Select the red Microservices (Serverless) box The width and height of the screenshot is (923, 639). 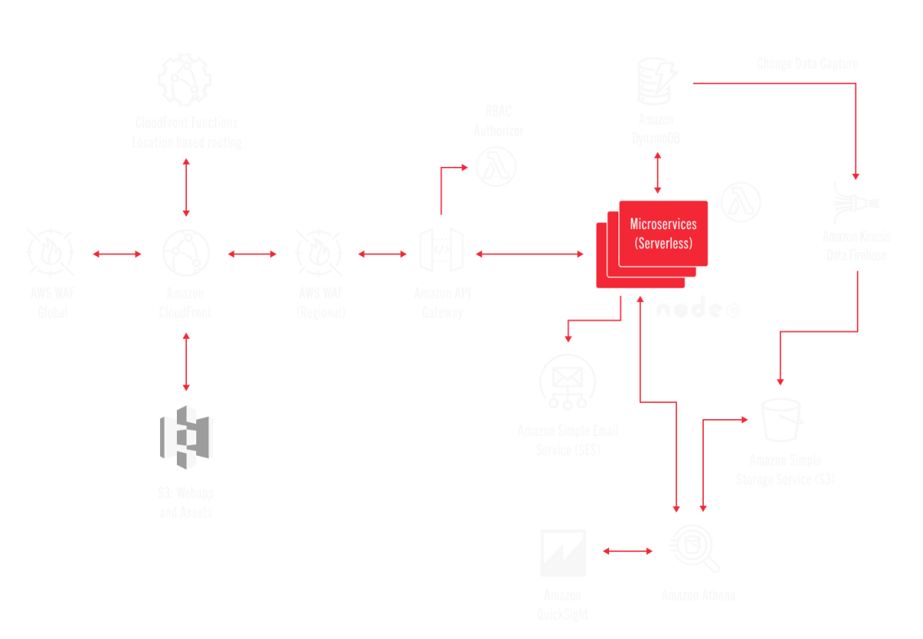tap(662, 233)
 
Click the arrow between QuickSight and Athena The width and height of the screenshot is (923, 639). tap(628, 551)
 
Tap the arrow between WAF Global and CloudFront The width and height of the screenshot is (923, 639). tap(117, 253)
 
